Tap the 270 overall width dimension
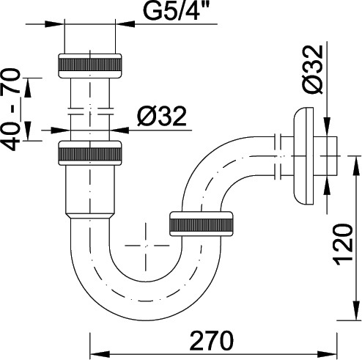(x=212, y=341)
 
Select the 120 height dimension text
(x=344, y=245)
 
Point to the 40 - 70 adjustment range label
(x=10, y=110)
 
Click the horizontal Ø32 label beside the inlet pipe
(x=162, y=116)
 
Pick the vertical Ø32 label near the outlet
(x=314, y=70)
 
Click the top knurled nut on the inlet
(x=90, y=66)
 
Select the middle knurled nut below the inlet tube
(x=90, y=153)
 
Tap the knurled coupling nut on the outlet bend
(x=201, y=224)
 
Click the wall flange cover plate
(x=303, y=155)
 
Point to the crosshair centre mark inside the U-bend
(x=146, y=245)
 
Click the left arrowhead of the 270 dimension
(x=100, y=354)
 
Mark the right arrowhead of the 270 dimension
(x=328, y=354)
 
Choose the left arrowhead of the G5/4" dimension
(x=54, y=24)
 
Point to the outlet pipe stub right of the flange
(x=325, y=156)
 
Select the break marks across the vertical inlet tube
(x=90, y=111)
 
